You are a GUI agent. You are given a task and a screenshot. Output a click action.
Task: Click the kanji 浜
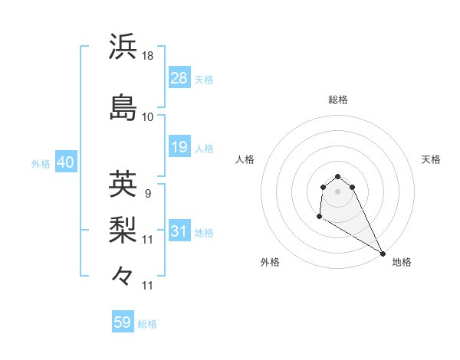tap(123, 47)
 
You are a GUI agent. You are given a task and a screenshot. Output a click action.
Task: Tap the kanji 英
tap(123, 184)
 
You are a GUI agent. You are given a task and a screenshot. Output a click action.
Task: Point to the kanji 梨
tap(123, 229)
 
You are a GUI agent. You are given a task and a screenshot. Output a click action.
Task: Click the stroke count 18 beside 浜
tap(149, 56)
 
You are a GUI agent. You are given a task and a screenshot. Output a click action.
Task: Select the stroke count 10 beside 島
tap(149, 117)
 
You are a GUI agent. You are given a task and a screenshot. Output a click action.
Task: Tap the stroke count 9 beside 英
tap(147, 194)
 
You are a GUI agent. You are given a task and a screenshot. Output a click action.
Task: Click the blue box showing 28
tap(179, 78)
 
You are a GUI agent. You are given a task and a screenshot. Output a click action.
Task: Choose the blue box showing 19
tap(179, 147)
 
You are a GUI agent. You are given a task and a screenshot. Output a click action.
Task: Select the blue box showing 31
tap(179, 231)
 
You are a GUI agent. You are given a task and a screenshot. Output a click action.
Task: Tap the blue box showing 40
tap(65, 162)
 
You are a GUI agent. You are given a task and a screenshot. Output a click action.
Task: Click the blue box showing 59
tap(123, 322)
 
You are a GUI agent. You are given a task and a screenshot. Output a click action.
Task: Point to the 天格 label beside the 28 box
tap(204, 80)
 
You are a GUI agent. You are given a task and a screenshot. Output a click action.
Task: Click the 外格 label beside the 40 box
tap(41, 164)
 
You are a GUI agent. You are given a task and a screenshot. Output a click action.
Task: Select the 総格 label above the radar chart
tap(338, 100)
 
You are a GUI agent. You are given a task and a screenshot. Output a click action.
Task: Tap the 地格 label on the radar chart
tap(402, 263)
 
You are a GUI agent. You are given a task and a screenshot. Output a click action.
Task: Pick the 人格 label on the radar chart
tap(245, 159)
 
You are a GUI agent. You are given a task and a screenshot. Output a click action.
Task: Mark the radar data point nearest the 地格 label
tap(383, 254)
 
